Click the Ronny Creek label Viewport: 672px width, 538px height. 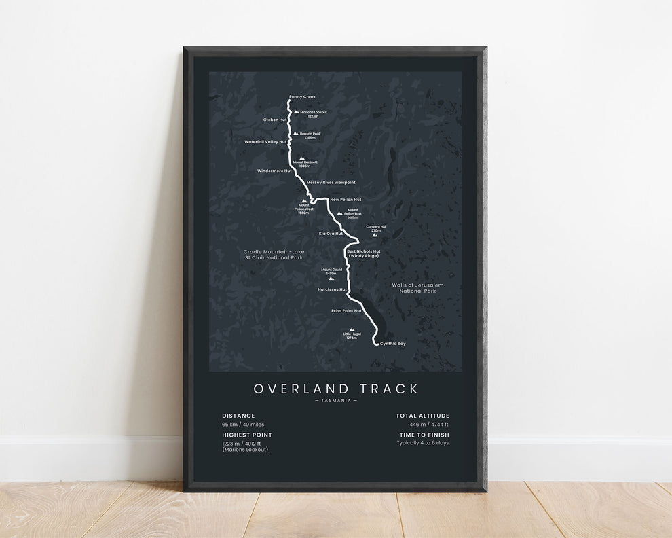click(x=302, y=97)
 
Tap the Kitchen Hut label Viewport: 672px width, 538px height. click(x=275, y=120)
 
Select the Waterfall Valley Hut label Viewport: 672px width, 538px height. click(x=266, y=142)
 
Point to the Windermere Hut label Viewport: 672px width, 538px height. click(x=275, y=171)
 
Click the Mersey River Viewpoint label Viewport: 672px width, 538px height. click(x=331, y=183)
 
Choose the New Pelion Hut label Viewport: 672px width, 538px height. click(x=346, y=200)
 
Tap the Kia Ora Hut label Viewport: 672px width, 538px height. click(x=331, y=233)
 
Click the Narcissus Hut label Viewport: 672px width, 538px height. click(x=332, y=289)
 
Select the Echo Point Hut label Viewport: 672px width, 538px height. click(x=346, y=310)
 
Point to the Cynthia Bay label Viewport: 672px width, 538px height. click(x=393, y=344)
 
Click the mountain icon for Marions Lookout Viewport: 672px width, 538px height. click(x=297, y=112)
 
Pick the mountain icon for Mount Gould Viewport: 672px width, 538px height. click(x=331, y=278)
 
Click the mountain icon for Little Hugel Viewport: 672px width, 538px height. click(x=352, y=330)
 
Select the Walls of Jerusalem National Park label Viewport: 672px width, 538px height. click(x=417, y=288)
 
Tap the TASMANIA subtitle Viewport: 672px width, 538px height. click(x=336, y=401)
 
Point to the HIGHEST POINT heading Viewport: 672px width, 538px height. click(x=247, y=435)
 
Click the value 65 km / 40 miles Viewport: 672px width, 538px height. click(x=242, y=425)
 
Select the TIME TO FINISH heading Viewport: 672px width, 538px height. click(x=423, y=435)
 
